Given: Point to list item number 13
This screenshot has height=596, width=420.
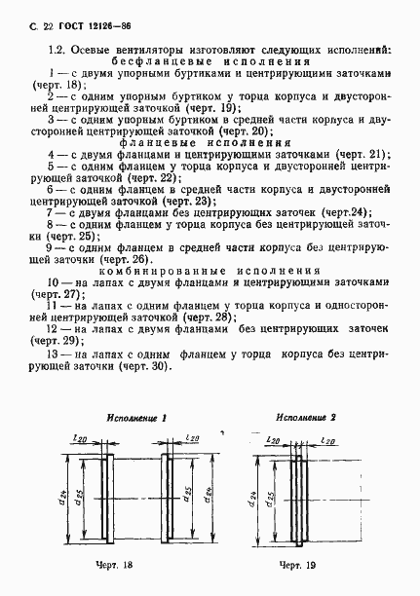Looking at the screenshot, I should point(57,354).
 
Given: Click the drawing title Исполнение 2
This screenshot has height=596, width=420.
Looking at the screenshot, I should point(306,418).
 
